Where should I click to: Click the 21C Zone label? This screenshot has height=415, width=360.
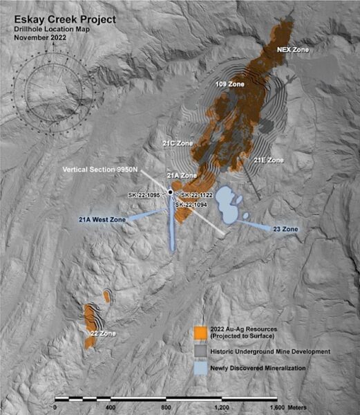click(x=178, y=143)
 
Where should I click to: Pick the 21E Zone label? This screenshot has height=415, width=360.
click(x=269, y=160)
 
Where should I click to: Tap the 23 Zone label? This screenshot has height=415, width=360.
click(x=285, y=228)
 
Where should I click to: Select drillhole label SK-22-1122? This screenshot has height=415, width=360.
click(x=198, y=195)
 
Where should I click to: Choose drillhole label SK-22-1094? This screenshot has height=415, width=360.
click(x=192, y=205)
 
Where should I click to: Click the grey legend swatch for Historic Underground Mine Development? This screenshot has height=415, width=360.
click(x=202, y=352)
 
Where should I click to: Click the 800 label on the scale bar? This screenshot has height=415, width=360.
click(x=165, y=408)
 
